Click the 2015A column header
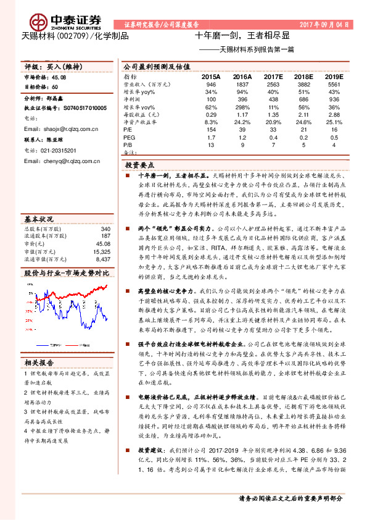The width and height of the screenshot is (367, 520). (x=212, y=77)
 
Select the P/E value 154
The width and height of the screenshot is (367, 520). (x=212, y=129)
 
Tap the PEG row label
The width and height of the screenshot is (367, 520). (x=129, y=136)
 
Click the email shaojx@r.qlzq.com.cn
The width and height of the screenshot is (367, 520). (x=61, y=129)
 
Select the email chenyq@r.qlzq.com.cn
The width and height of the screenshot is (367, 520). (x=62, y=161)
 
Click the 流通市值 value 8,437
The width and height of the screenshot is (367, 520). (x=102, y=242)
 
